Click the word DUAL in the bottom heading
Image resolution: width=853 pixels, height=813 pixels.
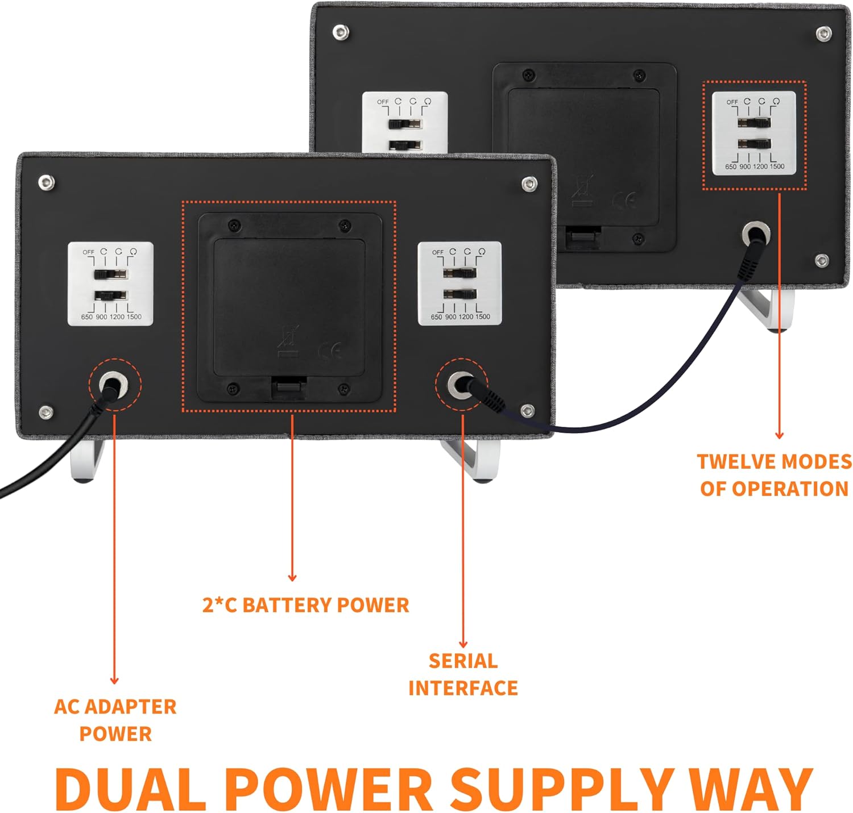point(130,789)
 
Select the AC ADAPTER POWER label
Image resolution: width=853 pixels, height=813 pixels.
point(115,720)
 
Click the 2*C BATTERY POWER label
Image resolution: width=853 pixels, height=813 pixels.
point(305,605)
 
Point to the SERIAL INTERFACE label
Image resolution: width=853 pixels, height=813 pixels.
point(463,674)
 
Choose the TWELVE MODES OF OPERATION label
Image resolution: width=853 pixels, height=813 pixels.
point(774,475)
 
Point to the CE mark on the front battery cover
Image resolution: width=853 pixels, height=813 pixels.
point(330,351)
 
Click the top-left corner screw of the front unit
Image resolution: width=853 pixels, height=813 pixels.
point(46,182)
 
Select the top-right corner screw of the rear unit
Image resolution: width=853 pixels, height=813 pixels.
point(823,34)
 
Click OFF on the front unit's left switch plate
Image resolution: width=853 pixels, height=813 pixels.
point(88,252)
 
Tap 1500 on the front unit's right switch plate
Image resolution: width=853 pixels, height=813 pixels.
point(482,317)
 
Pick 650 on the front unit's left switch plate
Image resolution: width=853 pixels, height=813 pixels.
point(86,317)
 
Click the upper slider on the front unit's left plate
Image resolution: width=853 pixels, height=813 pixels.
point(110,274)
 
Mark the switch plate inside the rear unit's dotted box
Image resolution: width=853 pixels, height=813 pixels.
point(754,133)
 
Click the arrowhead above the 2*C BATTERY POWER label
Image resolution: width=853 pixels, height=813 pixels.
point(292,577)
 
